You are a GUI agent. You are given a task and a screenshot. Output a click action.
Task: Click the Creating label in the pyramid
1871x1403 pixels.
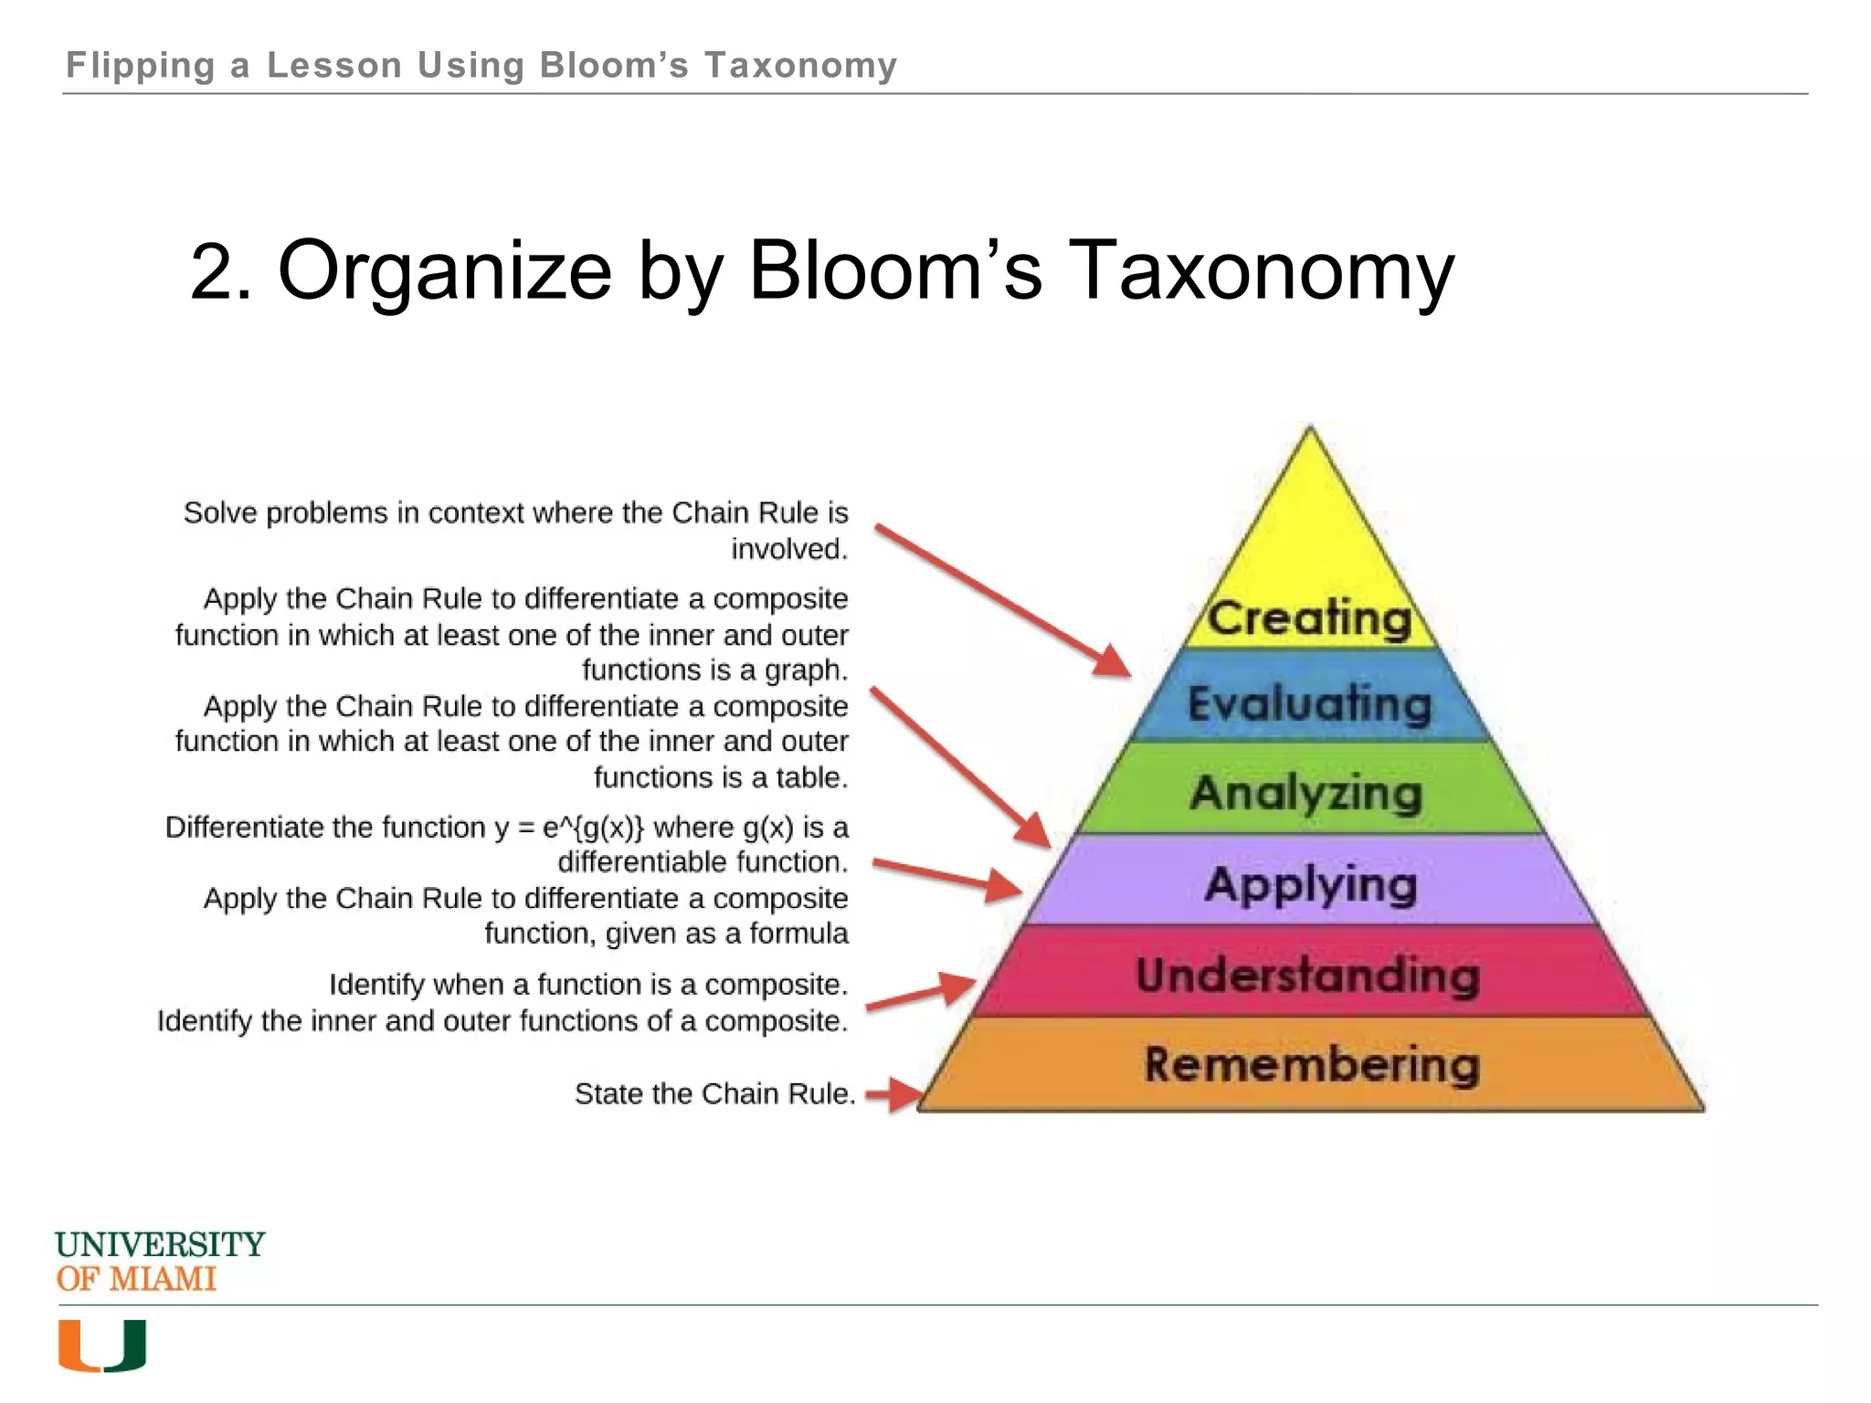(1309, 617)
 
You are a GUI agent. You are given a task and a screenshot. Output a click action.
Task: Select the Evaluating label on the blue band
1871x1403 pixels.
(1309, 703)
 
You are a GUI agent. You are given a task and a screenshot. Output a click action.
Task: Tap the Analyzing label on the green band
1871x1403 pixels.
(1306, 792)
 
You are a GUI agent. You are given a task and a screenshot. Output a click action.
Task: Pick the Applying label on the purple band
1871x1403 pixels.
(1311, 884)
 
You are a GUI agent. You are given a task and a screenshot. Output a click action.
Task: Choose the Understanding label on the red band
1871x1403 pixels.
(1307, 975)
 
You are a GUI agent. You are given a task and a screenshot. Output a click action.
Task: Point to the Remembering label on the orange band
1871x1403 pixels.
(1311, 1064)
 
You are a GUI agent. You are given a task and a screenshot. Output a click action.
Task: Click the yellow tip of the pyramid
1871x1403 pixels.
(1309, 512)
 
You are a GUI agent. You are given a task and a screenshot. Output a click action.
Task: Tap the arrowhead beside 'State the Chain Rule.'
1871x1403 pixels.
(904, 1094)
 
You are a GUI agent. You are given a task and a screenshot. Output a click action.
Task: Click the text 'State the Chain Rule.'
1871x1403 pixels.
(714, 1093)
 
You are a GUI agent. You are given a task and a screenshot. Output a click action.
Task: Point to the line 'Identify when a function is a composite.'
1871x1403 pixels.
(588, 985)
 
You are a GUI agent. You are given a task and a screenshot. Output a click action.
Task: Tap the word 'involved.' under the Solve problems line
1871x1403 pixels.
(789, 549)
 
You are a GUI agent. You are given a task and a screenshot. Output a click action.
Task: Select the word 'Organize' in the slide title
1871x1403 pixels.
(445, 271)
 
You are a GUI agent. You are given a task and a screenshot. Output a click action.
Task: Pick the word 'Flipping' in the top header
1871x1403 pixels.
(141, 66)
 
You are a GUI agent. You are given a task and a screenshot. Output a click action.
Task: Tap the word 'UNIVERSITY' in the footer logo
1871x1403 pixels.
(160, 1244)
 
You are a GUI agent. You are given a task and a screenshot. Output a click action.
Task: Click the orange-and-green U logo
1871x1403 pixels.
(102, 1345)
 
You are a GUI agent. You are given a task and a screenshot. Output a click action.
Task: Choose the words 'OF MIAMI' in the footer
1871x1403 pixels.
(136, 1279)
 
